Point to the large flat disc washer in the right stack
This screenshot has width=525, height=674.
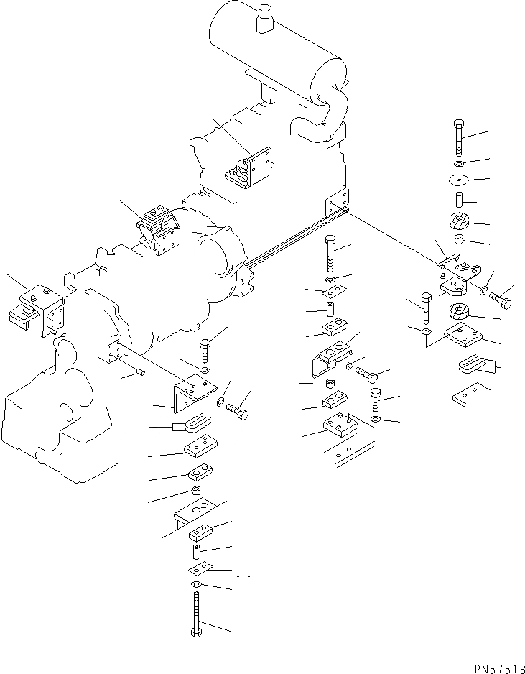coord(458,180)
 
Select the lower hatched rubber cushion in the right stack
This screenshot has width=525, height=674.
coord(457,313)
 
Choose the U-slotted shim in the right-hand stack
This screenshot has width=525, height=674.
coord(475,366)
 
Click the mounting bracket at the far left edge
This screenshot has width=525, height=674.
coord(37,309)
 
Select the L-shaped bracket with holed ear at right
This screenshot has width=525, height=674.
coord(452,274)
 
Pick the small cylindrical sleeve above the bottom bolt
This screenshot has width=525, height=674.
coord(195,553)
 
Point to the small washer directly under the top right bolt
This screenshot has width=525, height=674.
coord(459,163)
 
